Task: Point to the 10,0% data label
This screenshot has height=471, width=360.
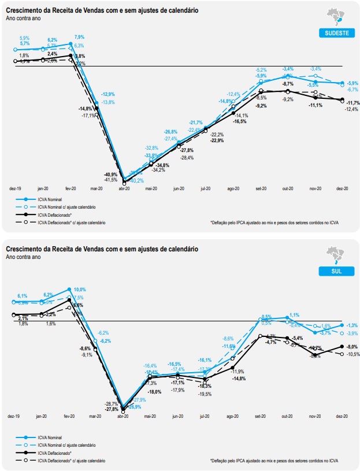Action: [80, 290]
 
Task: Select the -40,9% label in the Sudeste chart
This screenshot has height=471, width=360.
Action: [111, 175]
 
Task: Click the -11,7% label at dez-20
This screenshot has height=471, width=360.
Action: [352, 103]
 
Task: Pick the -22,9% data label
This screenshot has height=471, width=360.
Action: [217, 140]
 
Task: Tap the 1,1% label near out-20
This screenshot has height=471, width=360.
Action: [295, 315]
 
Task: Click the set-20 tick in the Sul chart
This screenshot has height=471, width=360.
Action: [261, 416]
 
